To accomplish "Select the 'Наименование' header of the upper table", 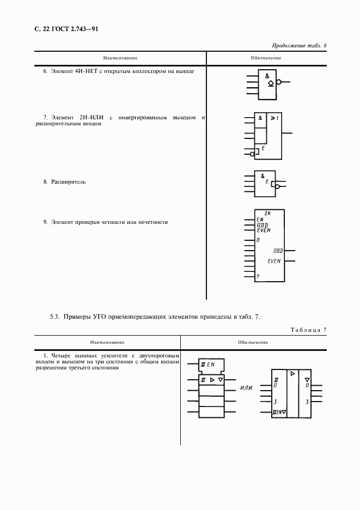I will coord(120,58).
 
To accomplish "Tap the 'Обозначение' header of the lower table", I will coord(253,342).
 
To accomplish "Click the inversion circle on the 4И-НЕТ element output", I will coord(279,83).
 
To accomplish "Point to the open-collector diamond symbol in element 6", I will coord(271,83).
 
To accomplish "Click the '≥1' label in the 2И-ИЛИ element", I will coord(274,117).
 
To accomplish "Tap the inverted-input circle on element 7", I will coord(252,154).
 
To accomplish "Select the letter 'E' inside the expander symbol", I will coord(267,181).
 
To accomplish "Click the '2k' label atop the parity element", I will coord(267,213).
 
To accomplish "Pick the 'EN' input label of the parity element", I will coord(260,220).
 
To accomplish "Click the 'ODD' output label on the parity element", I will coord(278,251).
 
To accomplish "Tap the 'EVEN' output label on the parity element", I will coord(274,261).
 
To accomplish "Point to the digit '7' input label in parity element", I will coord(258,277).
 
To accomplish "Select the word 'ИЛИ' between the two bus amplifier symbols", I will coord(247,388).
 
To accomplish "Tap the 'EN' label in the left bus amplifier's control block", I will coord(210,363).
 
